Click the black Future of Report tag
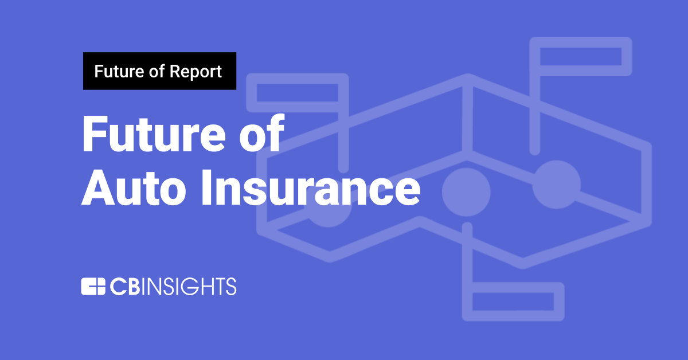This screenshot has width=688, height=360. pyautogui.click(x=159, y=71)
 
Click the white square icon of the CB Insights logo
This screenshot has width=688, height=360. pyautogui.click(x=92, y=286)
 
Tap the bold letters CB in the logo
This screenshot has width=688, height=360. pyautogui.click(x=124, y=286)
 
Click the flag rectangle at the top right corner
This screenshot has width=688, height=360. pyautogui.click(x=580, y=56)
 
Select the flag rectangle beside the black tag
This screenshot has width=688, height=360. pyautogui.click(x=297, y=92)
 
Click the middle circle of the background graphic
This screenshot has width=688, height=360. pyautogui.click(x=466, y=191)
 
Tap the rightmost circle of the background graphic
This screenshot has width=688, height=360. pyautogui.click(x=556, y=184)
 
